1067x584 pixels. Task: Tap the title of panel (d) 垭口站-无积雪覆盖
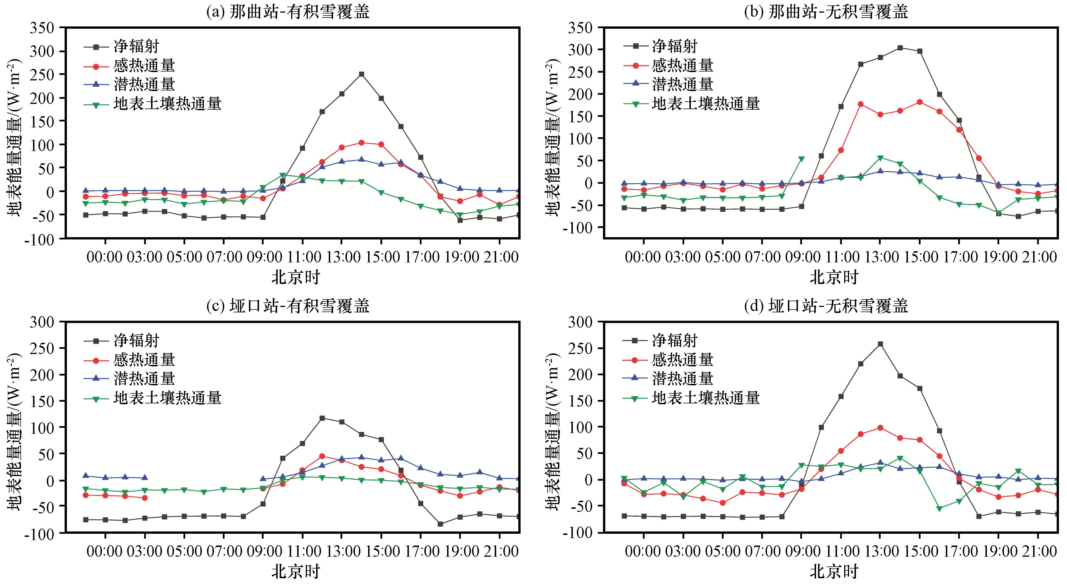(x=826, y=306)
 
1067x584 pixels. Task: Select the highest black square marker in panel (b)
(x=900, y=48)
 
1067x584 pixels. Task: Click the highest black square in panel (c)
(x=322, y=418)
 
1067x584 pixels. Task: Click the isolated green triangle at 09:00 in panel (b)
(x=801, y=159)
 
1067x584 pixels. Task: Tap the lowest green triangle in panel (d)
(x=940, y=508)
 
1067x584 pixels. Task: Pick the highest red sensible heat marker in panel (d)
(x=880, y=428)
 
